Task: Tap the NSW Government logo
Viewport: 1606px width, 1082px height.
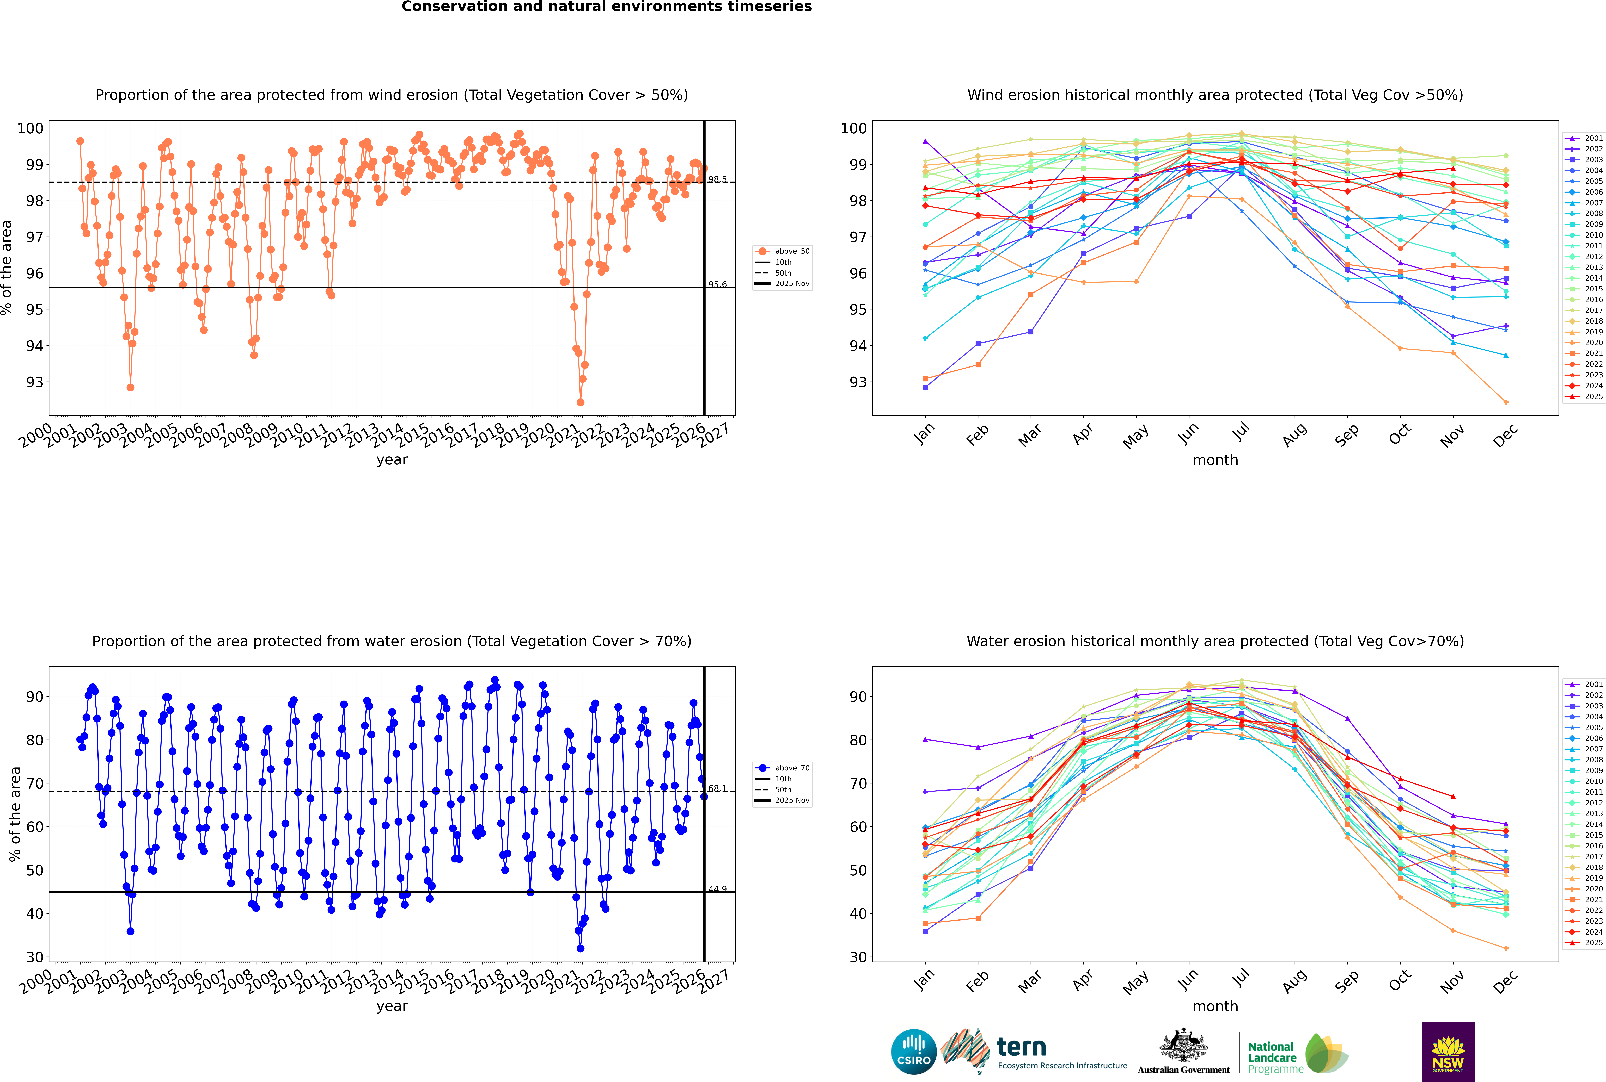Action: (x=1448, y=1051)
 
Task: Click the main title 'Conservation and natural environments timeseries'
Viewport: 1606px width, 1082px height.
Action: (x=606, y=7)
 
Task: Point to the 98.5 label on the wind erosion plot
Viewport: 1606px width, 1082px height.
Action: (x=717, y=179)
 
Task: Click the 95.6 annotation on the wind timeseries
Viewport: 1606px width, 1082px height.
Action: (x=717, y=284)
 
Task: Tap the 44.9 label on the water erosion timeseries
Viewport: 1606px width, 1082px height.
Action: (x=717, y=889)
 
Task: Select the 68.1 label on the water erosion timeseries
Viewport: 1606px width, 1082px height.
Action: (x=717, y=788)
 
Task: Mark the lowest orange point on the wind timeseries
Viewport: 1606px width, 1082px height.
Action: (x=581, y=402)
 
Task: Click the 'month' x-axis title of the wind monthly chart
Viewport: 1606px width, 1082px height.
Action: (x=1215, y=460)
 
